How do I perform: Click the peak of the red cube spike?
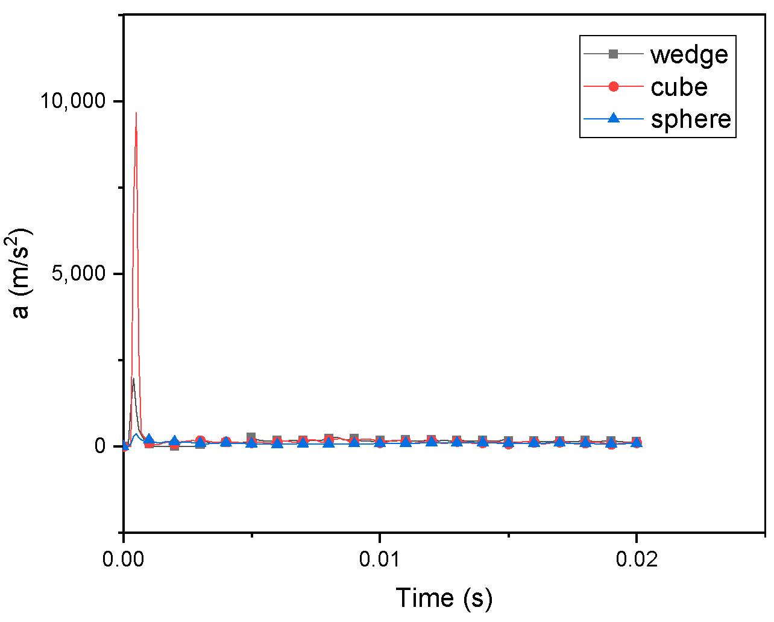[136, 113]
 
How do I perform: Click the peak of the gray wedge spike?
[133, 378]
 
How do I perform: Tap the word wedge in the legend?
[689, 54]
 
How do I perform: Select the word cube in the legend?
[679, 87]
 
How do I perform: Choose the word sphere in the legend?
[691, 119]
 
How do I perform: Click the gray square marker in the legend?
[613, 54]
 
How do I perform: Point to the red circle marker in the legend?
[613, 87]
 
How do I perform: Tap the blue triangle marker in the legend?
[613, 118]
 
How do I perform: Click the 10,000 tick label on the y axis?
[72, 100]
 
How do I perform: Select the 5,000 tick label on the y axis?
[78, 273]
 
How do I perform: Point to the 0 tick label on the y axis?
[100, 446]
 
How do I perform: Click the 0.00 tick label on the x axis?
[124, 559]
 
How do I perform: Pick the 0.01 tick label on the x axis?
[380, 559]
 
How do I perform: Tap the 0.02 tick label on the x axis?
[637, 559]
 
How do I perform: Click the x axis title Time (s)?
[444, 597]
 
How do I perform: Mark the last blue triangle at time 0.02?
[637, 443]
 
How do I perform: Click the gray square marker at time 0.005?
[251, 437]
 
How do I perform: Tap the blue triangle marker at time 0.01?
[380, 442]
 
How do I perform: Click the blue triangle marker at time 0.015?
[508, 442]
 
